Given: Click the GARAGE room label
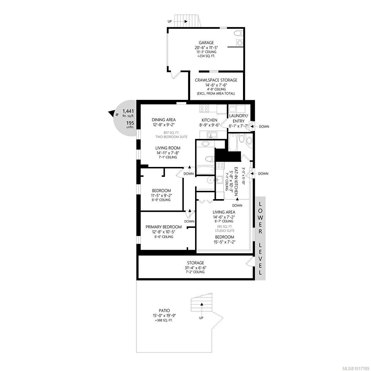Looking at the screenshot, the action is (206, 43).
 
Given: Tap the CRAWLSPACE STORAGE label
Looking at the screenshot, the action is (216, 80).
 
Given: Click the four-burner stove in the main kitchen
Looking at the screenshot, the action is (204, 108).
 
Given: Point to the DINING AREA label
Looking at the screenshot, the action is (164, 120).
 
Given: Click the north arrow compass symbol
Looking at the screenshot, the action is (112, 113).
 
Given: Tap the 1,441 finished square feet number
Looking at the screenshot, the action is (128, 111).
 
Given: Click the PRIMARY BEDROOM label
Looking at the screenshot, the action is (164, 227).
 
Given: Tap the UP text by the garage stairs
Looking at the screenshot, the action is (170, 22).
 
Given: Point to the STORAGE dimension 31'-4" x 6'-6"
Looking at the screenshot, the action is (195, 268).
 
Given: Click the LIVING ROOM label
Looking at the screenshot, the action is (168, 148).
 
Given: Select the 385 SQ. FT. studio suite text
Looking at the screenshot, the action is (225, 227).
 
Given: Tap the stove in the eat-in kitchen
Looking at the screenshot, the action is (220, 165).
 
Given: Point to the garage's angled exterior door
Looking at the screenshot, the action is (175, 75).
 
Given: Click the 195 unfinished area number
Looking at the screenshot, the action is (130, 123).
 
